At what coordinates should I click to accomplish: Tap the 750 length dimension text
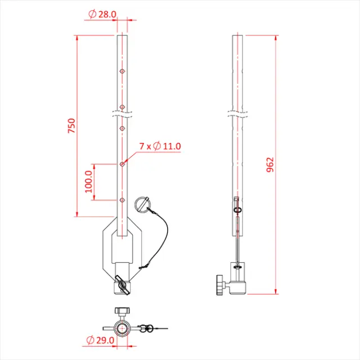tap(71, 126)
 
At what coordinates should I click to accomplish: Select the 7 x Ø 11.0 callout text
tap(160, 146)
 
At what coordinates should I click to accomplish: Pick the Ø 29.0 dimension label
tap(101, 340)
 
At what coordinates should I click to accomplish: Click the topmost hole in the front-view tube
tap(121, 71)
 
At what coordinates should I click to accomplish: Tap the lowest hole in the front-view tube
tap(121, 200)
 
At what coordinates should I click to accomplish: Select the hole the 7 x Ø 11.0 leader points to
tap(121, 164)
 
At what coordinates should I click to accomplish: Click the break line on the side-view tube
tap(238, 113)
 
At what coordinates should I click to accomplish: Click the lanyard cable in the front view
tap(163, 231)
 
